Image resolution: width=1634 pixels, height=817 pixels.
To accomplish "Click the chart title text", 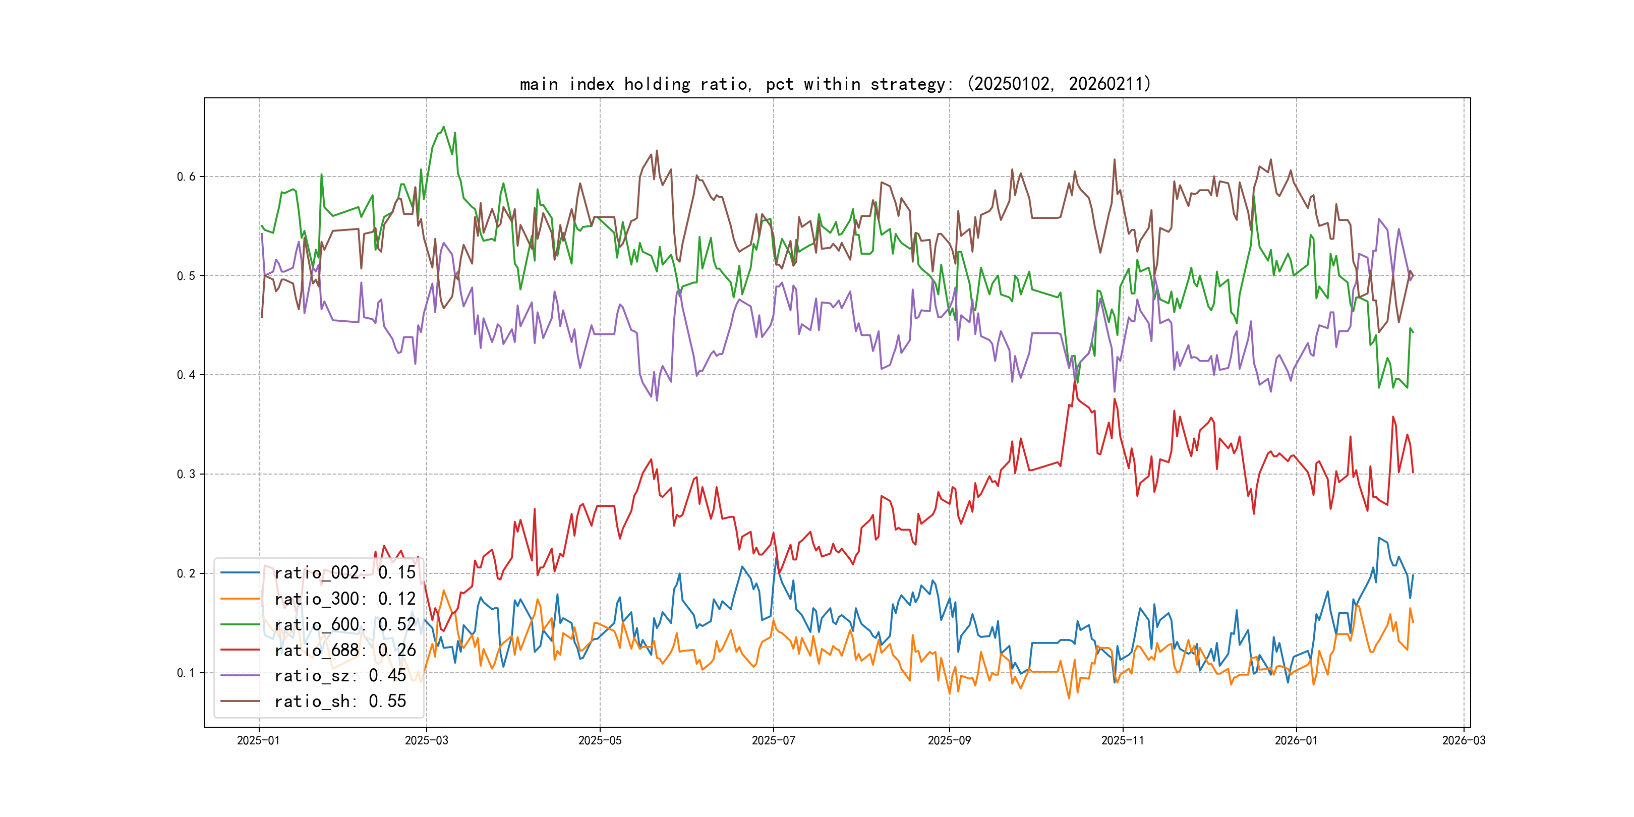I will click(835, 84).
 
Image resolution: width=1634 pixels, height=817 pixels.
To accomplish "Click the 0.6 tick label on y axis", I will click(186, 177).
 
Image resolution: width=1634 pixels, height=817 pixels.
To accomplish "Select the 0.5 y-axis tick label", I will click(186, 276).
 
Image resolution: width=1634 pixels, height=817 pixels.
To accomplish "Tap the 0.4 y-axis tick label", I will click(186, 375).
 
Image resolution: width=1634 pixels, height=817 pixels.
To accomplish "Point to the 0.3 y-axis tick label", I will click(186, 475).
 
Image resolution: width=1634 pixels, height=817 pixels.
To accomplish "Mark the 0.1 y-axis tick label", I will click(186, 673).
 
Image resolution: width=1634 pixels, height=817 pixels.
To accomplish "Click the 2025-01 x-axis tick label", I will click(258, 741).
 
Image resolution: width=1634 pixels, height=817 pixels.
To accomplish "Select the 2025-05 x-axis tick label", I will click(600, 741).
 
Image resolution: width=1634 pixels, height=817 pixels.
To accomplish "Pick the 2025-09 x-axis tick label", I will click(949, 741).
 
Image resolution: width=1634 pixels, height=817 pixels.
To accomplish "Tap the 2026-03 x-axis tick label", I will click(1464, 741).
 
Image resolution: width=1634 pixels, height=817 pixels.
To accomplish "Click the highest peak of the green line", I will click(443, 127).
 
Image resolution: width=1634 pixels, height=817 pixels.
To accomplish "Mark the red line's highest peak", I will click(1075, 381).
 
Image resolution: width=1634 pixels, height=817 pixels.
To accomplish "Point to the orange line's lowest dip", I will click(1069, 698).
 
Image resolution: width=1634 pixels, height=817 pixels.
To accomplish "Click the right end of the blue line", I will click(1413, 575).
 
